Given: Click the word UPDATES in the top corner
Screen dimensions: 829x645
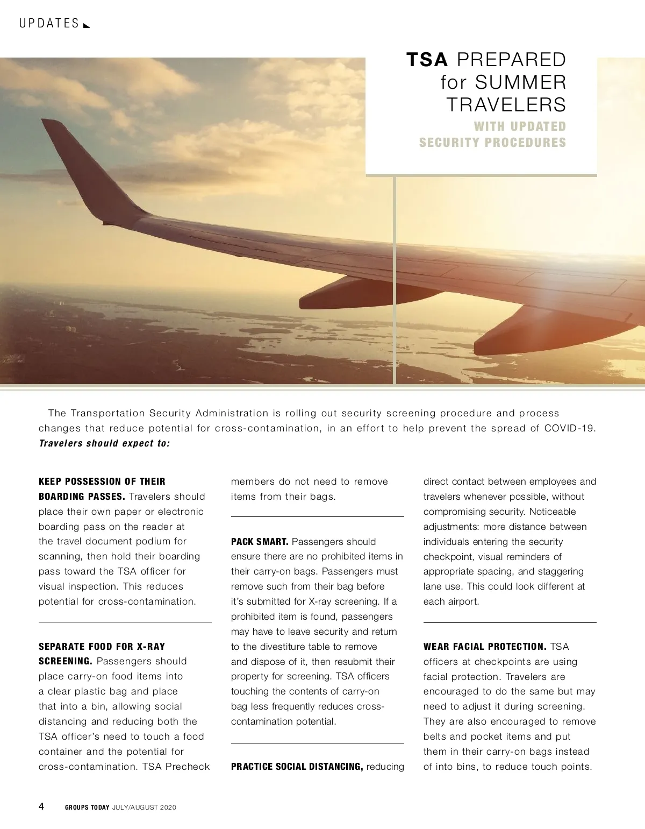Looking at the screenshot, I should (49, 24).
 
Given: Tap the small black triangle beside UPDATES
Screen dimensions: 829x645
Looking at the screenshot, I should (87, 25).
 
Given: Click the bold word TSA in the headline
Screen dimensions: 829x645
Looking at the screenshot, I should (427, 60).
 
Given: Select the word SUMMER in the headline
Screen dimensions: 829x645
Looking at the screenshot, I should (521, 82).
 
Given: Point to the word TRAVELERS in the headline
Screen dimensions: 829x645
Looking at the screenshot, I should (506, 104).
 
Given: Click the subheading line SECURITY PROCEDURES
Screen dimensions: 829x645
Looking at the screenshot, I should (492, 143).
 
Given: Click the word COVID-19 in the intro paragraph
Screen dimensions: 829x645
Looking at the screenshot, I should (570, 428).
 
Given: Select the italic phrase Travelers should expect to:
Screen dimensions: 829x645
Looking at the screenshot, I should (104, 443).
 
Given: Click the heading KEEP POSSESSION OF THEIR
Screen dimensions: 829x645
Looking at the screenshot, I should (102, 481).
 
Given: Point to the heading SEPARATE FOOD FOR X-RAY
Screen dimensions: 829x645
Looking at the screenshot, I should (102, 647).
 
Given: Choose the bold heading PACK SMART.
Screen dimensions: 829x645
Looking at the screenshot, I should (260, 542).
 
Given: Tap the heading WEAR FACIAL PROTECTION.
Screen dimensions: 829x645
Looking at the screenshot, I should (484, 647).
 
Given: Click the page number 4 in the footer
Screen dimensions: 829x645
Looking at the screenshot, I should (42, 806).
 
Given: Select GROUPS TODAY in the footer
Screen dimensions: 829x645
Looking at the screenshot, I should (87, 807).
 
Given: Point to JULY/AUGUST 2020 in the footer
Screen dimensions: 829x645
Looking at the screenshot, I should (144, 807).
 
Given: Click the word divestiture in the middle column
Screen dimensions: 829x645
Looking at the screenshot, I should (304, 647).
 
